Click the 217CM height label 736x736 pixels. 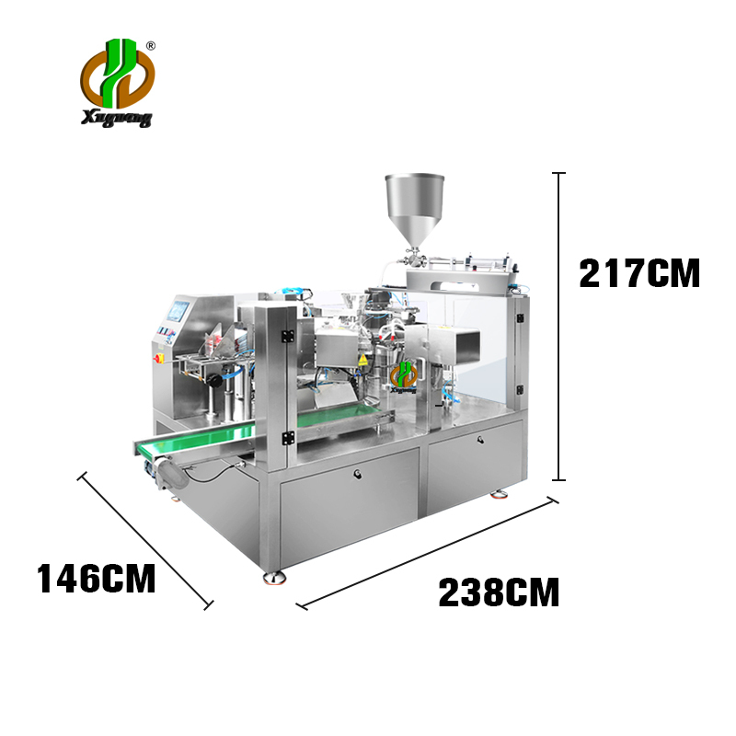(639, 273)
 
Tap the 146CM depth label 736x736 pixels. (97, 579)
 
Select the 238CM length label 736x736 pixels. (499, 592)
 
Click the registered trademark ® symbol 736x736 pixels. (151, 45)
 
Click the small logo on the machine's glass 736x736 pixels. (404, 376)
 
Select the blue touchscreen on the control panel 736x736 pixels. (178, 310)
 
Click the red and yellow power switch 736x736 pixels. (158, 359)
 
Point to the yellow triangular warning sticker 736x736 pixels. (362, 360)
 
